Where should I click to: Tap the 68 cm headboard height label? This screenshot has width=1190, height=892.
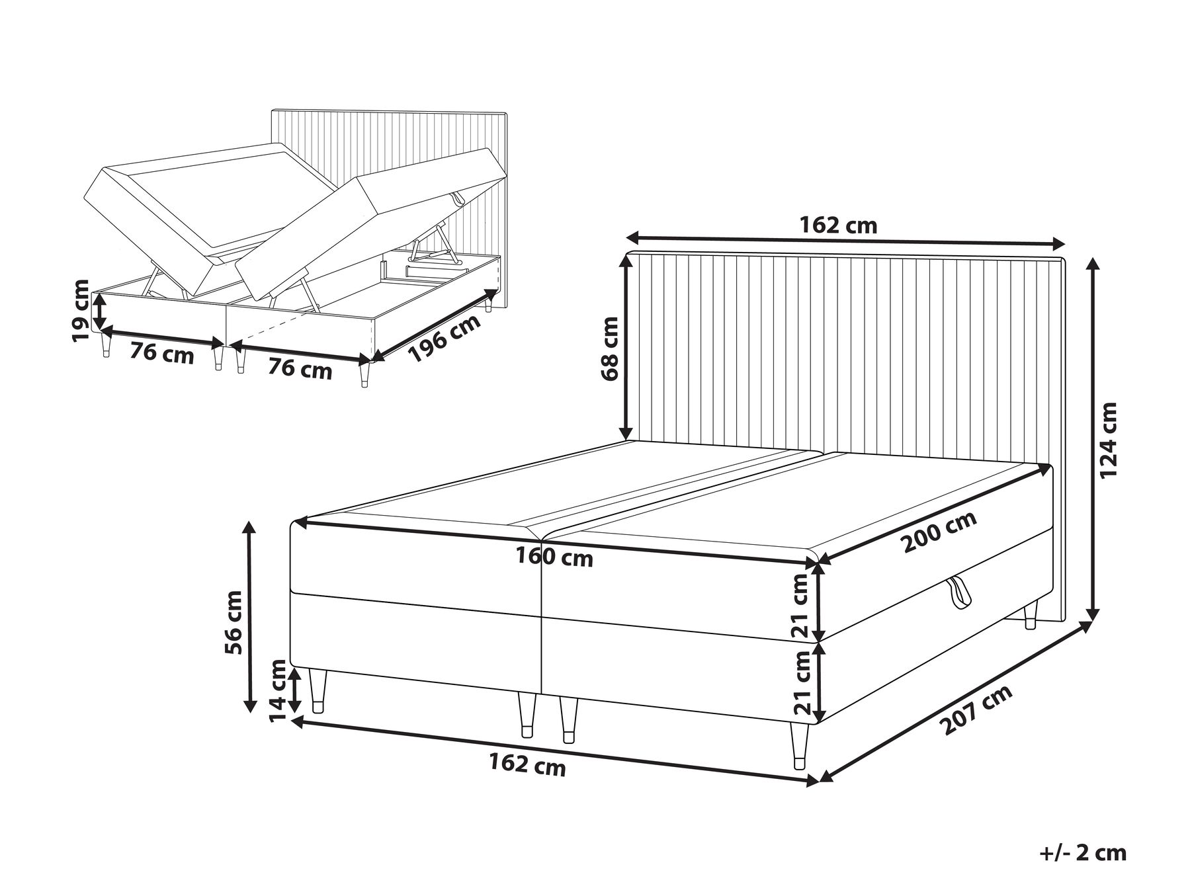tap(611, 348)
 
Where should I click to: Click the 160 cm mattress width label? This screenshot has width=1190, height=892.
tap(554, 557)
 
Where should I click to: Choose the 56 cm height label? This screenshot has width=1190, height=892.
tap(235, 622)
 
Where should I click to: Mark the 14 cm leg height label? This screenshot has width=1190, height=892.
tap(278, 690)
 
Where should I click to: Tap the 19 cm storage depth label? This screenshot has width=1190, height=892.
tap(80, 311)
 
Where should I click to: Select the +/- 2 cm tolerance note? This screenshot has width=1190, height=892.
tap(1084, 852)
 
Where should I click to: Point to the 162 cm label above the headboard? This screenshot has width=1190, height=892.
tap(838, 225)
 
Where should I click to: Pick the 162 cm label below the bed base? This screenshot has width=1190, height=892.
tap(527, 765)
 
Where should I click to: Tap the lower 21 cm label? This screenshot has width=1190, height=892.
tap(802, 683)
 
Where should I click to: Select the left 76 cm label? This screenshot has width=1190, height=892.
tap(161, 354)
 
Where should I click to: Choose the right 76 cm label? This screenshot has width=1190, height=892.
tap(300, 368)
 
